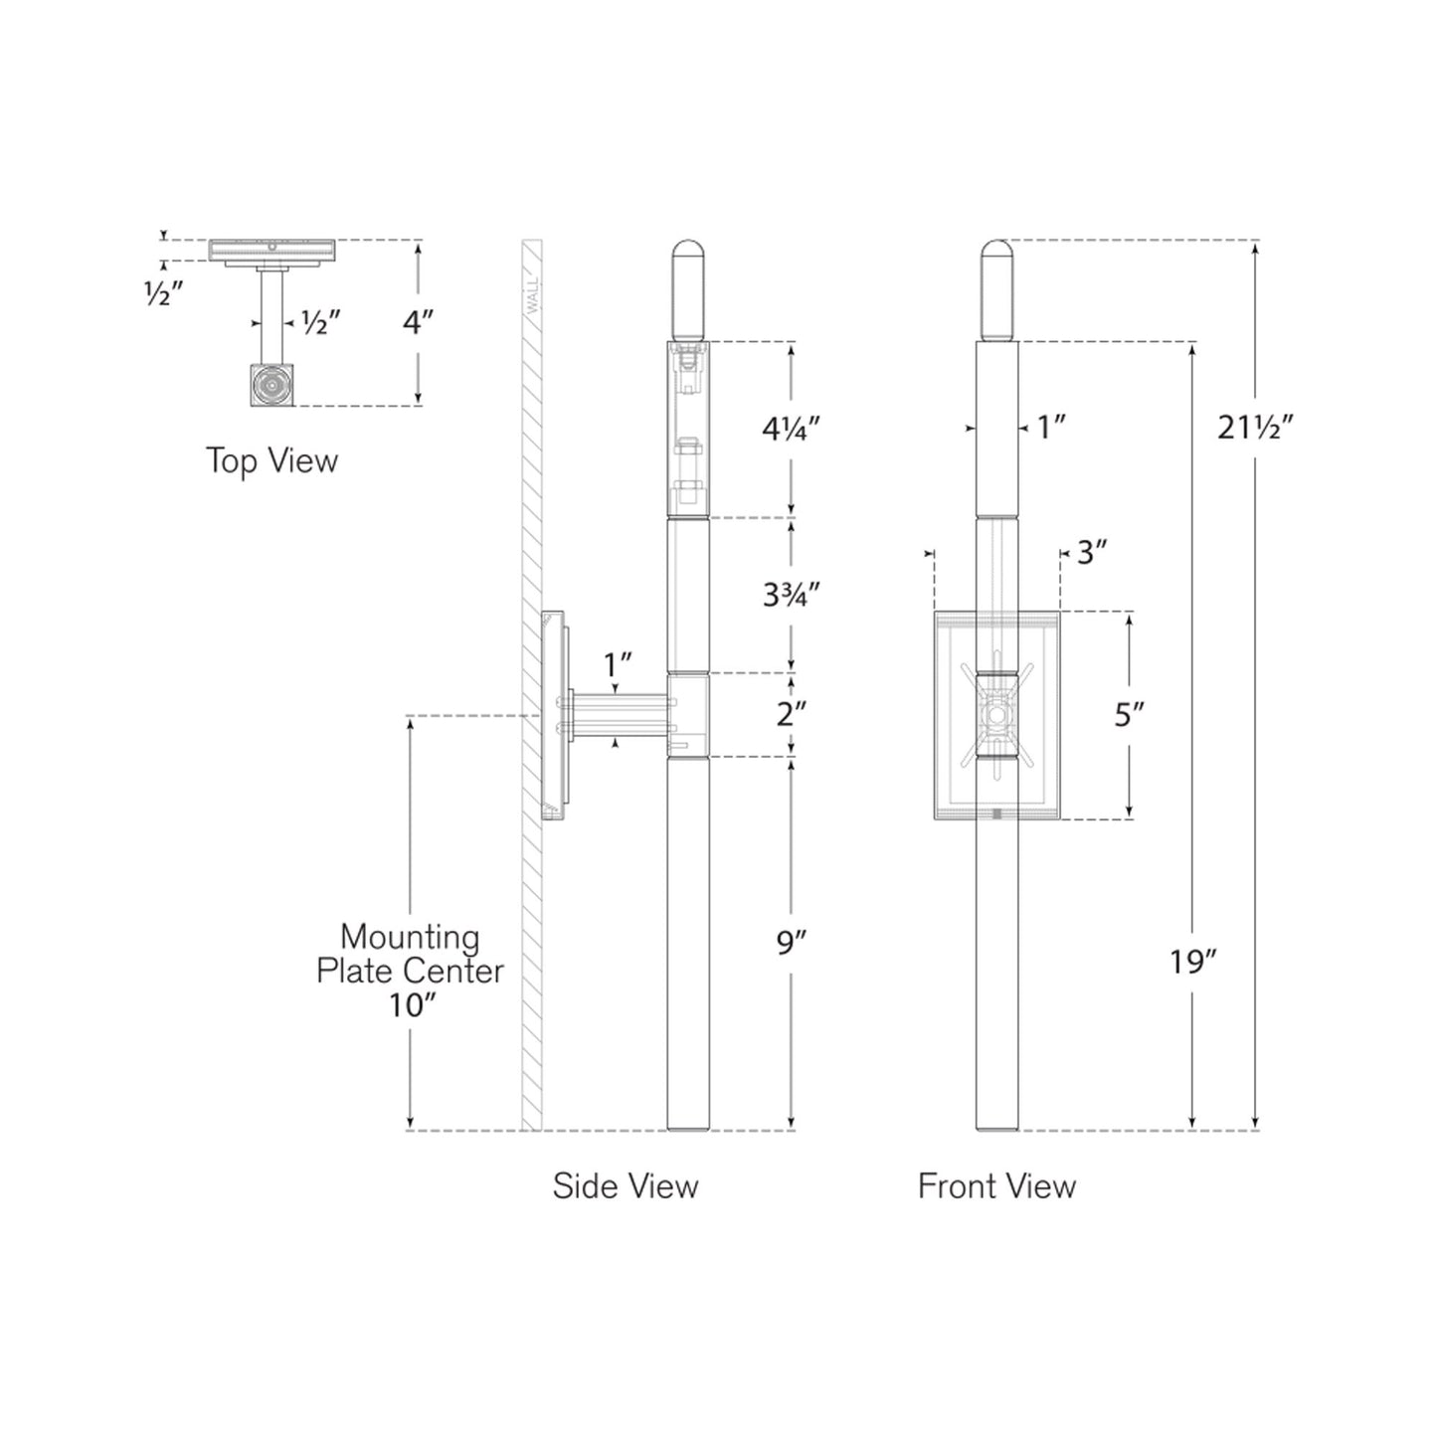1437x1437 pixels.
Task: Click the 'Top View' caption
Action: coord(271,460)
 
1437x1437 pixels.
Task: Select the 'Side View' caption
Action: coord(626,1185)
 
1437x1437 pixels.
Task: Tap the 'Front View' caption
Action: coord(997,1185)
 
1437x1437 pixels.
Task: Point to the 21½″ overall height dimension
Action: coord(1255,428)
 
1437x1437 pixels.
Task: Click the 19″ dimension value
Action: coord(1192,963)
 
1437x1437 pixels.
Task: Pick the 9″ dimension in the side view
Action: coord(791,944)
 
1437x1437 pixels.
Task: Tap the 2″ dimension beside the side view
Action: coord(791,714)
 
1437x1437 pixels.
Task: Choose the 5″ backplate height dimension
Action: coord(1129,715)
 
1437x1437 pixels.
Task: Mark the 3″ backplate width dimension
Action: coord(1092,553)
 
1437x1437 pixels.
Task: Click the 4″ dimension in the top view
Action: coord(418,322)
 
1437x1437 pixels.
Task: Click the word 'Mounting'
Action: coord(410,936)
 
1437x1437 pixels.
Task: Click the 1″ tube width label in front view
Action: coord(1051,428)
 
